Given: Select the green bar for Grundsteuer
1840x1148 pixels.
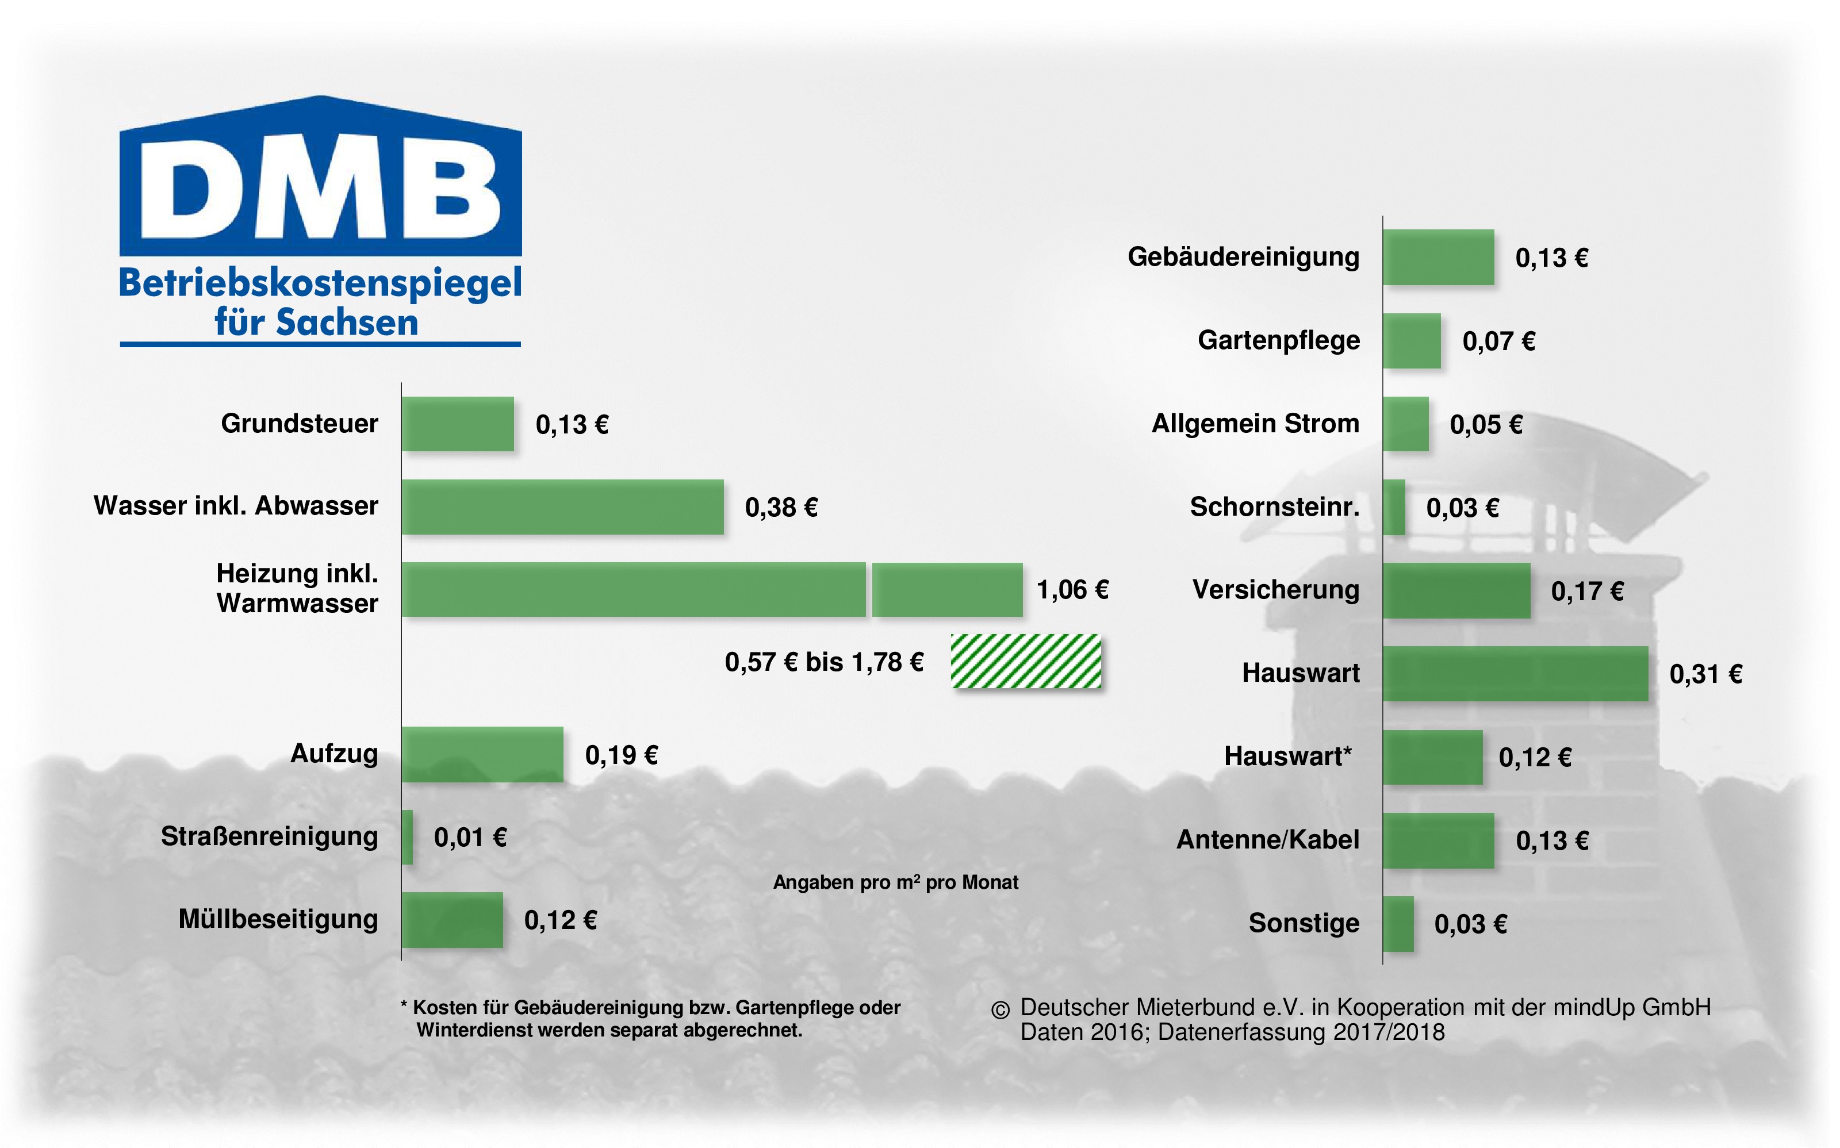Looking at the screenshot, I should [x=458, y=424].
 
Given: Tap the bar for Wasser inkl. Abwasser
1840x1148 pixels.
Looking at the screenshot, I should [x=562, y=506].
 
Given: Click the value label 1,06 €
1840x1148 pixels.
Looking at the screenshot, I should [x=1072, y=590].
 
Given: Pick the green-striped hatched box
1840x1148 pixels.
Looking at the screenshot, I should [x=1025, y=661].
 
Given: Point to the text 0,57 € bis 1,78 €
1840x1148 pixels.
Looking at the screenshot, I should [x=824, y=662].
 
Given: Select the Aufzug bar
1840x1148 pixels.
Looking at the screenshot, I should [x=482, y=754].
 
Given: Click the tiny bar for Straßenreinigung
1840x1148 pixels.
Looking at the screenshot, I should [x=408, y=836].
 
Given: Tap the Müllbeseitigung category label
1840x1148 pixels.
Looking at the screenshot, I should [x=278, y=919].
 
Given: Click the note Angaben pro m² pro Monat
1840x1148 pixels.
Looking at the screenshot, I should [x=895, y=882].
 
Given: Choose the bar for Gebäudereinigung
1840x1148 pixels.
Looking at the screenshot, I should [x=1438, y=258].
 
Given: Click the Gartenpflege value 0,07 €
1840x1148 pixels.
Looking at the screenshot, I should [x=1498, y=341].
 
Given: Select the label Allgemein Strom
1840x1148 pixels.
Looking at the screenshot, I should [x=1255, y=423].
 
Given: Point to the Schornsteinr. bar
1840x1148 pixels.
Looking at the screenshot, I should [x=1394, y=507].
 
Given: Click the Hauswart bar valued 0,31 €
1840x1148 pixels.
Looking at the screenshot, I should [x=1515, y=674].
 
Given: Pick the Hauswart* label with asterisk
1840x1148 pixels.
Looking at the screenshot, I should [x=1288, y=756].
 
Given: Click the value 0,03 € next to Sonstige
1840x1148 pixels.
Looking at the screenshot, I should [x=1470, y=924].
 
